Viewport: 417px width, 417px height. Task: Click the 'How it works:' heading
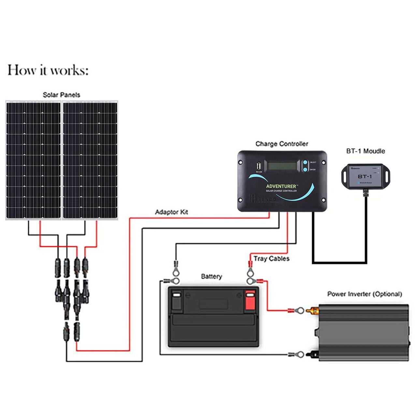(48, 70)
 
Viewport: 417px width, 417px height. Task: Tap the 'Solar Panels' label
(61, 95)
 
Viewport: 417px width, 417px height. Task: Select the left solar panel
(33, 160)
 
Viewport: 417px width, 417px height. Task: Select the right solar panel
(90, 160)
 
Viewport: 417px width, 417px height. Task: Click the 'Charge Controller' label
(281, 144)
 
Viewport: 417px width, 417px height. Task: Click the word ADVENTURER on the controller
(281, 186)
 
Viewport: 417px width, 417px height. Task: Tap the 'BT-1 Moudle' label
(365, 151)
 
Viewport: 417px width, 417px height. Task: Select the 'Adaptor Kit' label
(171, 212)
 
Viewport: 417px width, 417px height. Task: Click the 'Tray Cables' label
(271, 259)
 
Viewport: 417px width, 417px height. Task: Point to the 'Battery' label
(211, 277)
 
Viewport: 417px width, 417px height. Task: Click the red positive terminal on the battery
(250, 300)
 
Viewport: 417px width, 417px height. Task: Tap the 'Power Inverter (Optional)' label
(365, 294)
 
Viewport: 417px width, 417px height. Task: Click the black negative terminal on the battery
(176, 300)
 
